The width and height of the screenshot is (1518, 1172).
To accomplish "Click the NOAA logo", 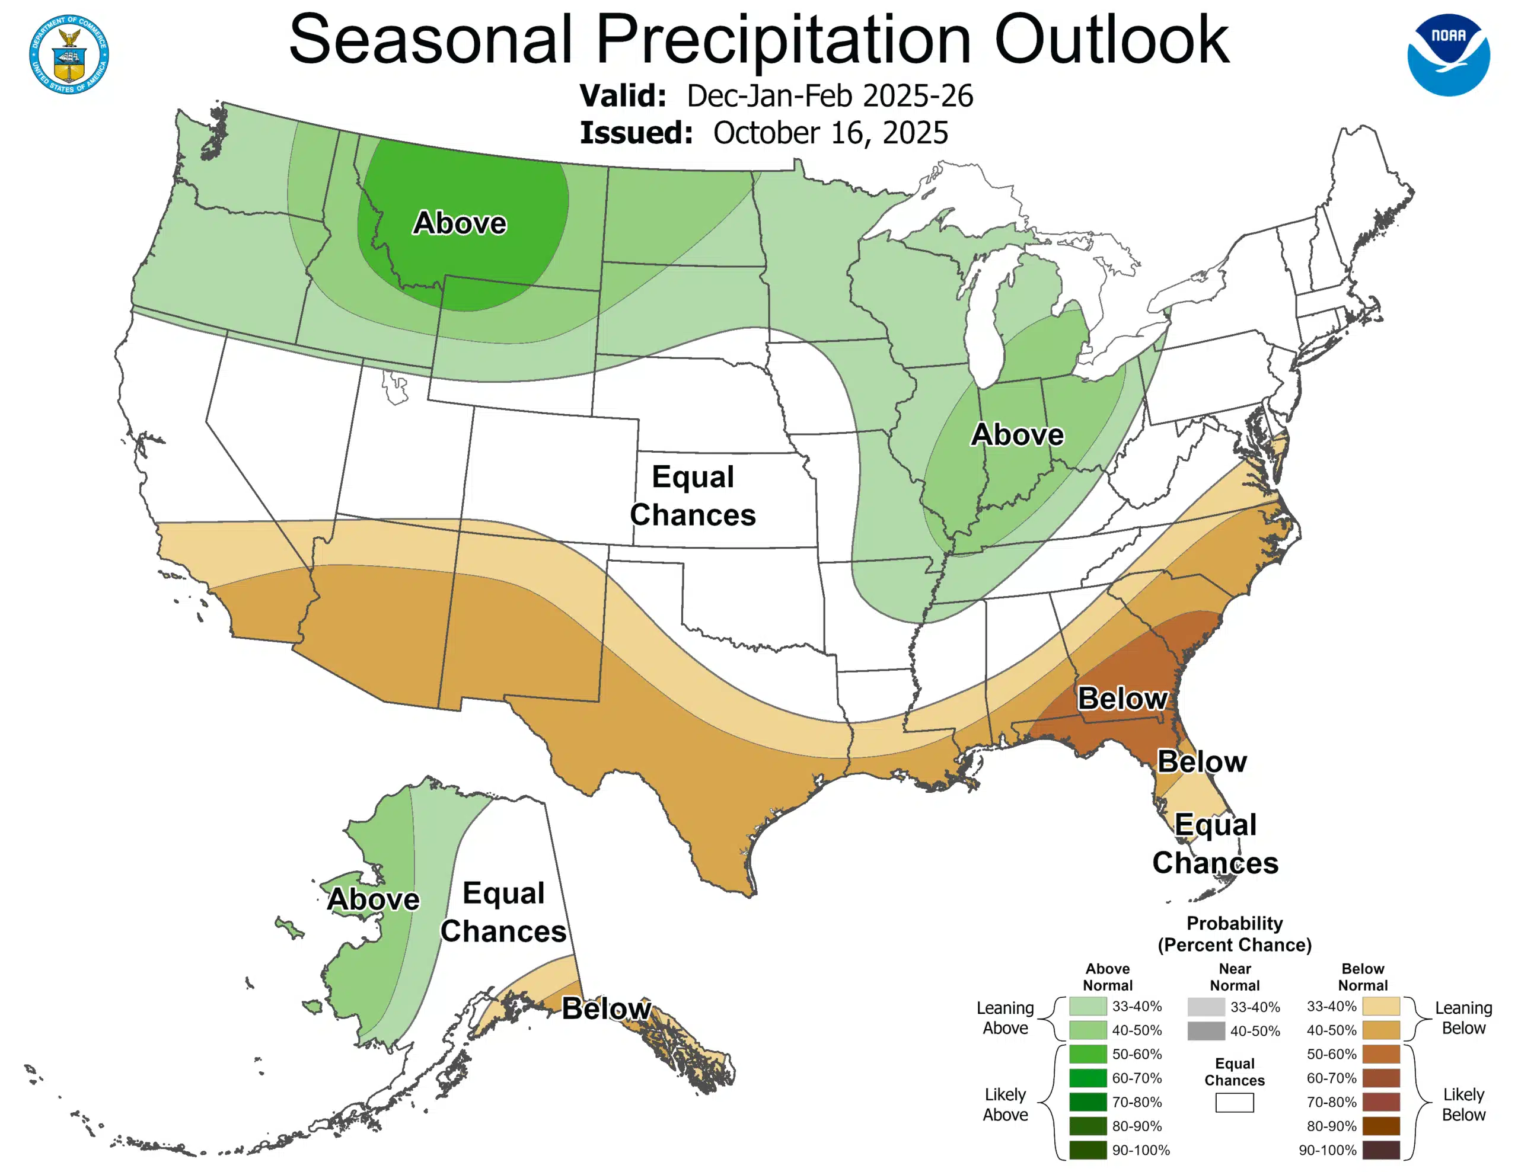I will (1448, 54).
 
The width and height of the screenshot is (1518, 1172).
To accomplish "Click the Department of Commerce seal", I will (69, 54).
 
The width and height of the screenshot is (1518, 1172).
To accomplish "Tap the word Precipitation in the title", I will (783, 40).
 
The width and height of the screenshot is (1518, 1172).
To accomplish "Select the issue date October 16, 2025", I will (830, 133).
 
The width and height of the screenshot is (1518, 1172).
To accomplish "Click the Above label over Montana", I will (460, 223).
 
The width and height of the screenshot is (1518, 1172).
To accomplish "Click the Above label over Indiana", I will (1017, 435).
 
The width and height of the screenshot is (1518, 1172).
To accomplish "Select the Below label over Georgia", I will (1122, 698).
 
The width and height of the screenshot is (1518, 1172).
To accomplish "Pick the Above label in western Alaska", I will (373, 899).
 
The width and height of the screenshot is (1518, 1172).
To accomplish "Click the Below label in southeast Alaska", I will (606, 1008).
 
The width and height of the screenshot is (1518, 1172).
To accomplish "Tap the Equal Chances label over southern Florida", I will (1215, 843).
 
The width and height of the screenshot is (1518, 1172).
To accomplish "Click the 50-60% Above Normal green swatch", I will (1087, 1054).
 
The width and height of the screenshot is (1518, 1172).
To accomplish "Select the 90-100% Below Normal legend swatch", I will (1380, 1149).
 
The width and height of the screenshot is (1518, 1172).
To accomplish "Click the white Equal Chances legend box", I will (1235, 1103).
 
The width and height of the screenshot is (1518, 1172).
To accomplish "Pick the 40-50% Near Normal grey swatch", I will (1206, 1031).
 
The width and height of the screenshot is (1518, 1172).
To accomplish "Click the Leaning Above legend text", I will (1005, 1018).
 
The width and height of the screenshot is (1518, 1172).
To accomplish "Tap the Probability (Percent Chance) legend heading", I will (1235, 934).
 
